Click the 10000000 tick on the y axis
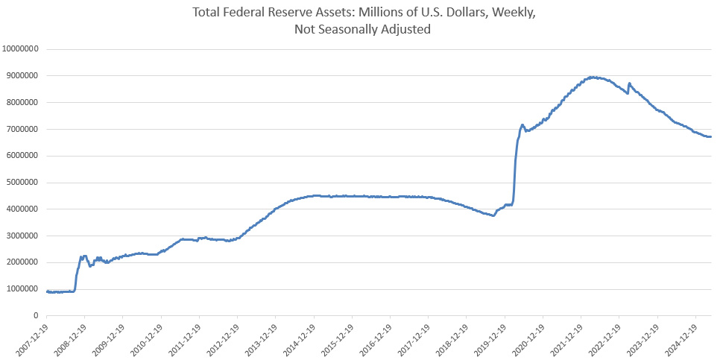[21, 49]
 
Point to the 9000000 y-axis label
[23, 75]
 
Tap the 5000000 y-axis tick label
[23, 183]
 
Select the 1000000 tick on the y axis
[23, 288]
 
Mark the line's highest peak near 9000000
[592, 77]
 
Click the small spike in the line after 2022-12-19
[630, 83]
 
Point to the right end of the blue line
[711, 136]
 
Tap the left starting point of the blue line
[46, 291]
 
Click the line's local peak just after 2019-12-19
[522, 125]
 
